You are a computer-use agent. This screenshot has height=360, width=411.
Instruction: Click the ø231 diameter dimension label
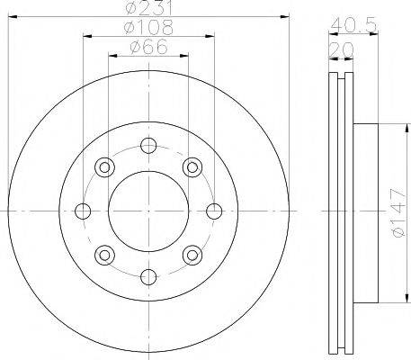coord(149,7)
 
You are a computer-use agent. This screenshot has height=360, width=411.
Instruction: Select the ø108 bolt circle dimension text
coord(148,27)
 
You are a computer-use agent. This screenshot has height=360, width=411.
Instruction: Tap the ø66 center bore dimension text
coord(148,47)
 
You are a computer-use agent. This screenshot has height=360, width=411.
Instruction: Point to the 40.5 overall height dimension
coord(353,25)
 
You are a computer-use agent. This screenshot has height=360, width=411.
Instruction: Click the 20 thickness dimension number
coord(342,49)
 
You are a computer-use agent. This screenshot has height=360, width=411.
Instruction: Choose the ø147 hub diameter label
coord(398,213)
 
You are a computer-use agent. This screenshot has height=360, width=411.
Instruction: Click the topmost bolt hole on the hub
coord(148,146)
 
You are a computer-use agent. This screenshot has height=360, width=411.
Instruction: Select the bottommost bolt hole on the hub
coord(148,277)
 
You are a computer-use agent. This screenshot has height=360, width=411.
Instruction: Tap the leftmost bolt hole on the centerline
coord(83,211)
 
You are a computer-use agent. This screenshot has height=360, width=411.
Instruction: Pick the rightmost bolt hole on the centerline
coord(214,211)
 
